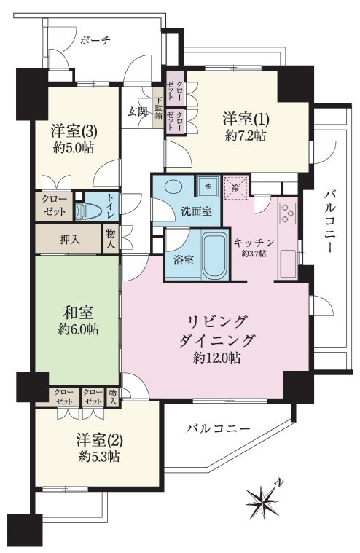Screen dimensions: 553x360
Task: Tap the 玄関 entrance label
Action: pos(138,111)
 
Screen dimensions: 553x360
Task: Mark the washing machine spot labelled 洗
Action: pos(208,185)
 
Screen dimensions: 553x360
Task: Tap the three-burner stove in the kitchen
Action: pos(287,213)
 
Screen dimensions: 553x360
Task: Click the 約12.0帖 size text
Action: pos(218,358)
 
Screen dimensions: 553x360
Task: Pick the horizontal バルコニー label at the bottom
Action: pos(218,428)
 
